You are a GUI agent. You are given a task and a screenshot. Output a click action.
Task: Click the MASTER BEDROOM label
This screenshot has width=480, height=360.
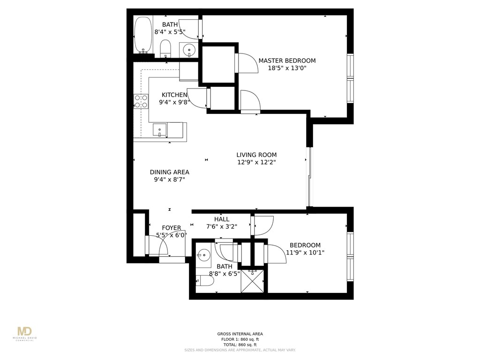click(287, 60)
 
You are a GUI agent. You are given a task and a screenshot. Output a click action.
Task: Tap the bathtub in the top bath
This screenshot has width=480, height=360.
click(142, 35)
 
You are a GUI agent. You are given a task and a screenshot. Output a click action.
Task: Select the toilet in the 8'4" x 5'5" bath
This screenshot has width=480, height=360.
click(165, 48)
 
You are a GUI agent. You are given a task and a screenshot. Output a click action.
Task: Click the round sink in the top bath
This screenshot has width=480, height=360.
click(189, 48)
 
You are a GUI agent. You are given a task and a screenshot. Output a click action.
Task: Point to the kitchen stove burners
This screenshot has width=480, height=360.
click(141, 101)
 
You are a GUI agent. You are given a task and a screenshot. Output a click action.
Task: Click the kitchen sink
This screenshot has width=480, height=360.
click(160, 129)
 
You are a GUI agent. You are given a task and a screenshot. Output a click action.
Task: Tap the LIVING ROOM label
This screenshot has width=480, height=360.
click(256, 155)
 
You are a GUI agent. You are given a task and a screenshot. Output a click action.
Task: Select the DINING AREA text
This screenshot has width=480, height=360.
click(169, 172)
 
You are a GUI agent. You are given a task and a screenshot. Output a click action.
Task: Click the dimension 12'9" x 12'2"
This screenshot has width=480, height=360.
click(256, 163)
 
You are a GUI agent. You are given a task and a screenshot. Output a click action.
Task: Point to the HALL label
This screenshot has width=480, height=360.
click(222, 219)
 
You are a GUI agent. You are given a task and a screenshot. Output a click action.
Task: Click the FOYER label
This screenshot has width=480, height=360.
click(171, 228)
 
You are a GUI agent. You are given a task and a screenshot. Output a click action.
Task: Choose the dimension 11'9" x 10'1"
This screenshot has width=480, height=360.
click(305, 253)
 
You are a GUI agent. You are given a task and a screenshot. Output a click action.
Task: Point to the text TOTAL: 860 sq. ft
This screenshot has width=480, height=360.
click(240, 345)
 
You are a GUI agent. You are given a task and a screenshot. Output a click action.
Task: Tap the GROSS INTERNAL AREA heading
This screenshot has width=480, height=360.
click(240, 334)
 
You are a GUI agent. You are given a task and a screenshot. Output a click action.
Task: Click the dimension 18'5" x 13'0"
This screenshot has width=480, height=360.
click(287, 68)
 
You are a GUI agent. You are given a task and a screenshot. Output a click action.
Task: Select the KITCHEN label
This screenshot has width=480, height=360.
click(174, 95)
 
